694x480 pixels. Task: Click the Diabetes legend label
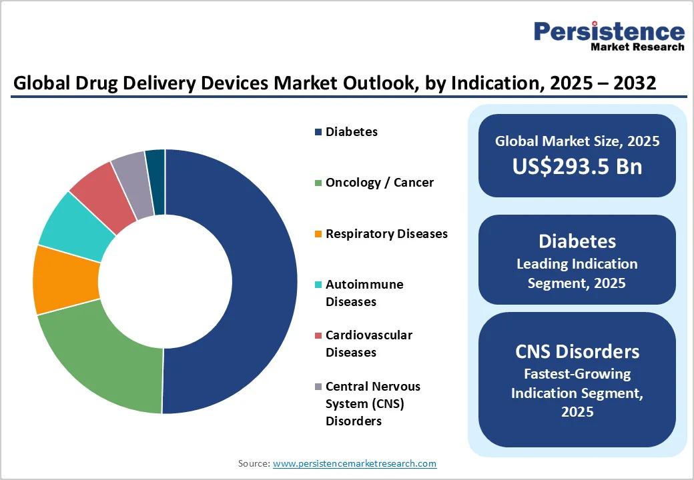[351, 132]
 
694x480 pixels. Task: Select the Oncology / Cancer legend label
[379, 183]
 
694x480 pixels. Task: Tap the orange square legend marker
[318, 234]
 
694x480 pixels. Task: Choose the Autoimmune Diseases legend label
[364, 293]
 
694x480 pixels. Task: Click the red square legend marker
[318, 335]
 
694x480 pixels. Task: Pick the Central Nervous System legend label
[372, 403]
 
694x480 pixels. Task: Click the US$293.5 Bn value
[577, 166]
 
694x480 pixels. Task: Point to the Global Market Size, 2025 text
[577, 141]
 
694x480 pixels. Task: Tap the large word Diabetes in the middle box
[577, 241]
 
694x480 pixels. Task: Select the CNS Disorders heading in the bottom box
[577, 351]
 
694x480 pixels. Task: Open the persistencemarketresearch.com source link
[354, 463]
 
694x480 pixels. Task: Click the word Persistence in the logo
[609, 32]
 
